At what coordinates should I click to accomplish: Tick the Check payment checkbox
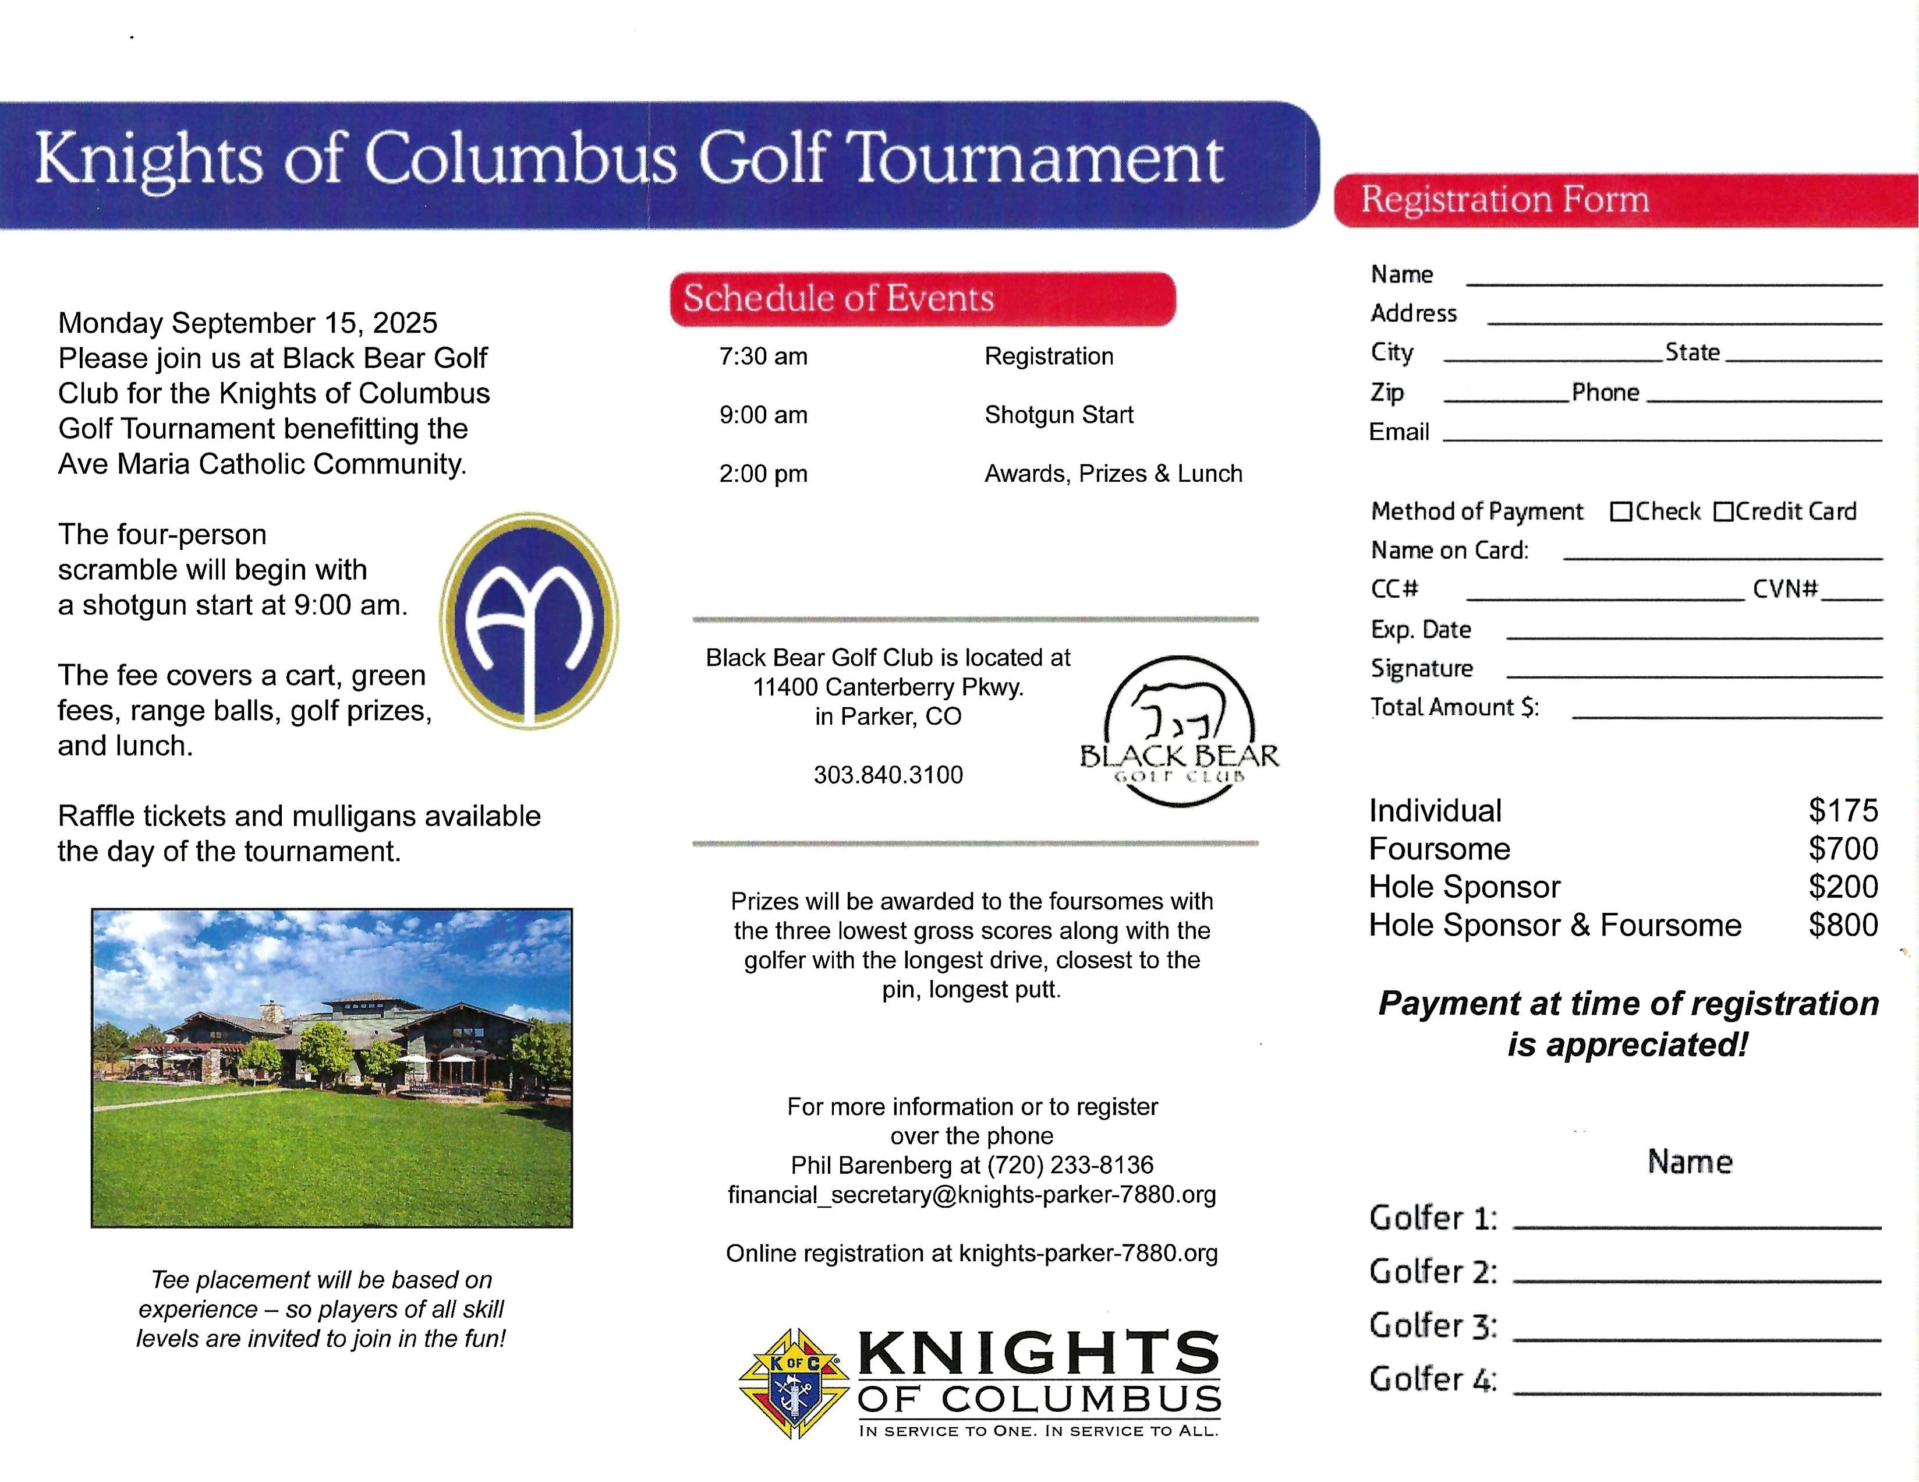tap(1620, 511)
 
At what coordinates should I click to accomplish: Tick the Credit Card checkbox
tap(1723, 511)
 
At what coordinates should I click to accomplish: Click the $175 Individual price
tap(1843, 810)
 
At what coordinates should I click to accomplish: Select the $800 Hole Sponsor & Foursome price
tap(1843, 925)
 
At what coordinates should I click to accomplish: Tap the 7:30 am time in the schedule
tap(763, 356)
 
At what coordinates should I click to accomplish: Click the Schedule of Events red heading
tap(923, 299)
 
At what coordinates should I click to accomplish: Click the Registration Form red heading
tap(1626, 200)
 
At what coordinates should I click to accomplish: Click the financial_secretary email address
tap(971, 1195)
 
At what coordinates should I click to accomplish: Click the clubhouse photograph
tap(332, 1067)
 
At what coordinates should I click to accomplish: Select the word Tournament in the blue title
tap(1038, 159)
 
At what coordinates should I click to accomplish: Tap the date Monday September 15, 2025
tap(248, 323)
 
